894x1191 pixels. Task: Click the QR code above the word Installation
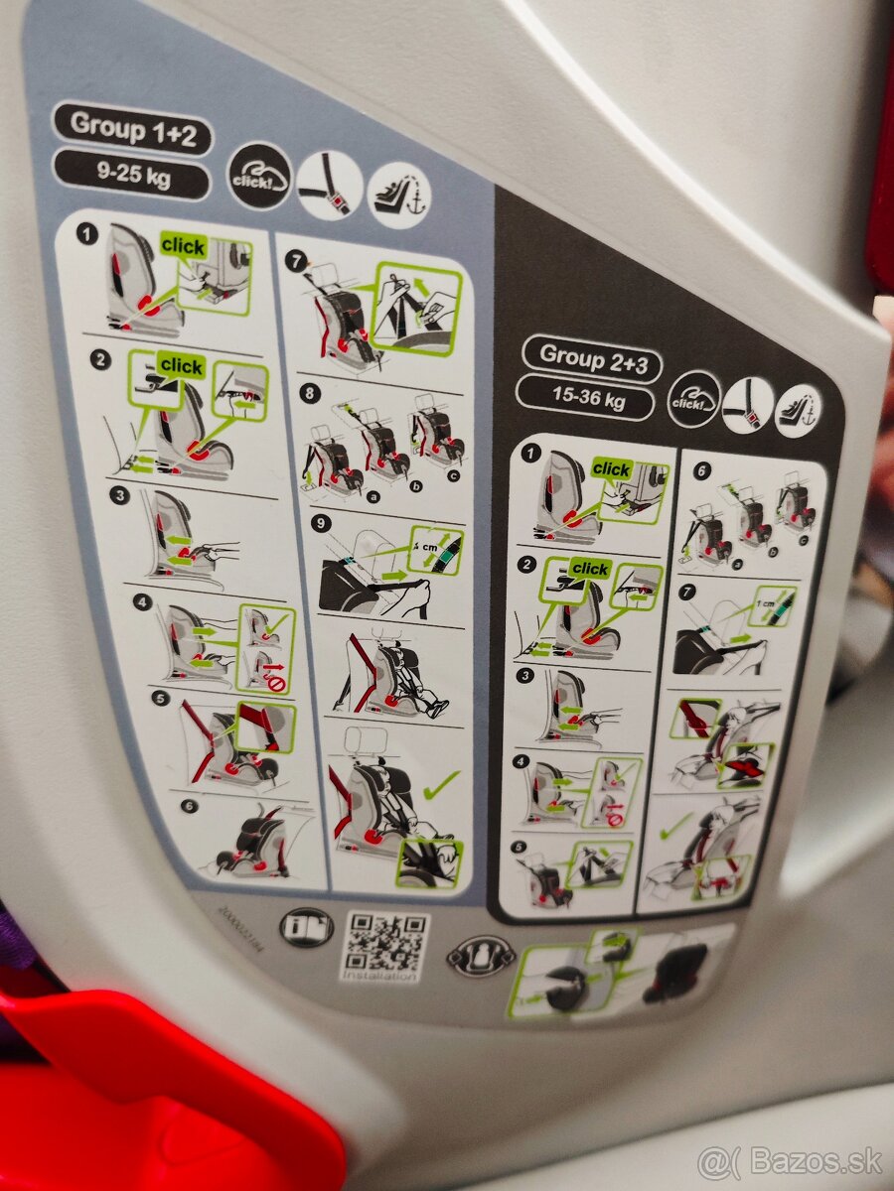coord(386,942)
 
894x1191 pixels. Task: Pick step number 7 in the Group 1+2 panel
coord(294,261)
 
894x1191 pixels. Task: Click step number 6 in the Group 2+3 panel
coord(703,470)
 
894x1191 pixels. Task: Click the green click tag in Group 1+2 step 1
coord(184,247)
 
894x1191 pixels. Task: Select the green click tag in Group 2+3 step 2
coord(590,569)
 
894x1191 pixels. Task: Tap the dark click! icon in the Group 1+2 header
coord(259,176)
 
